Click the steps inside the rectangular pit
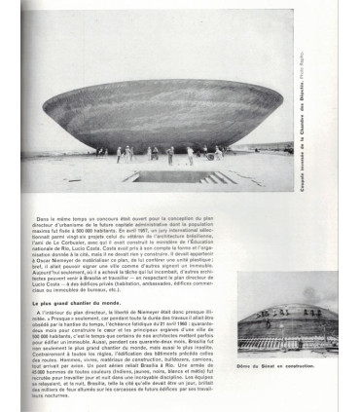[219, 178]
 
